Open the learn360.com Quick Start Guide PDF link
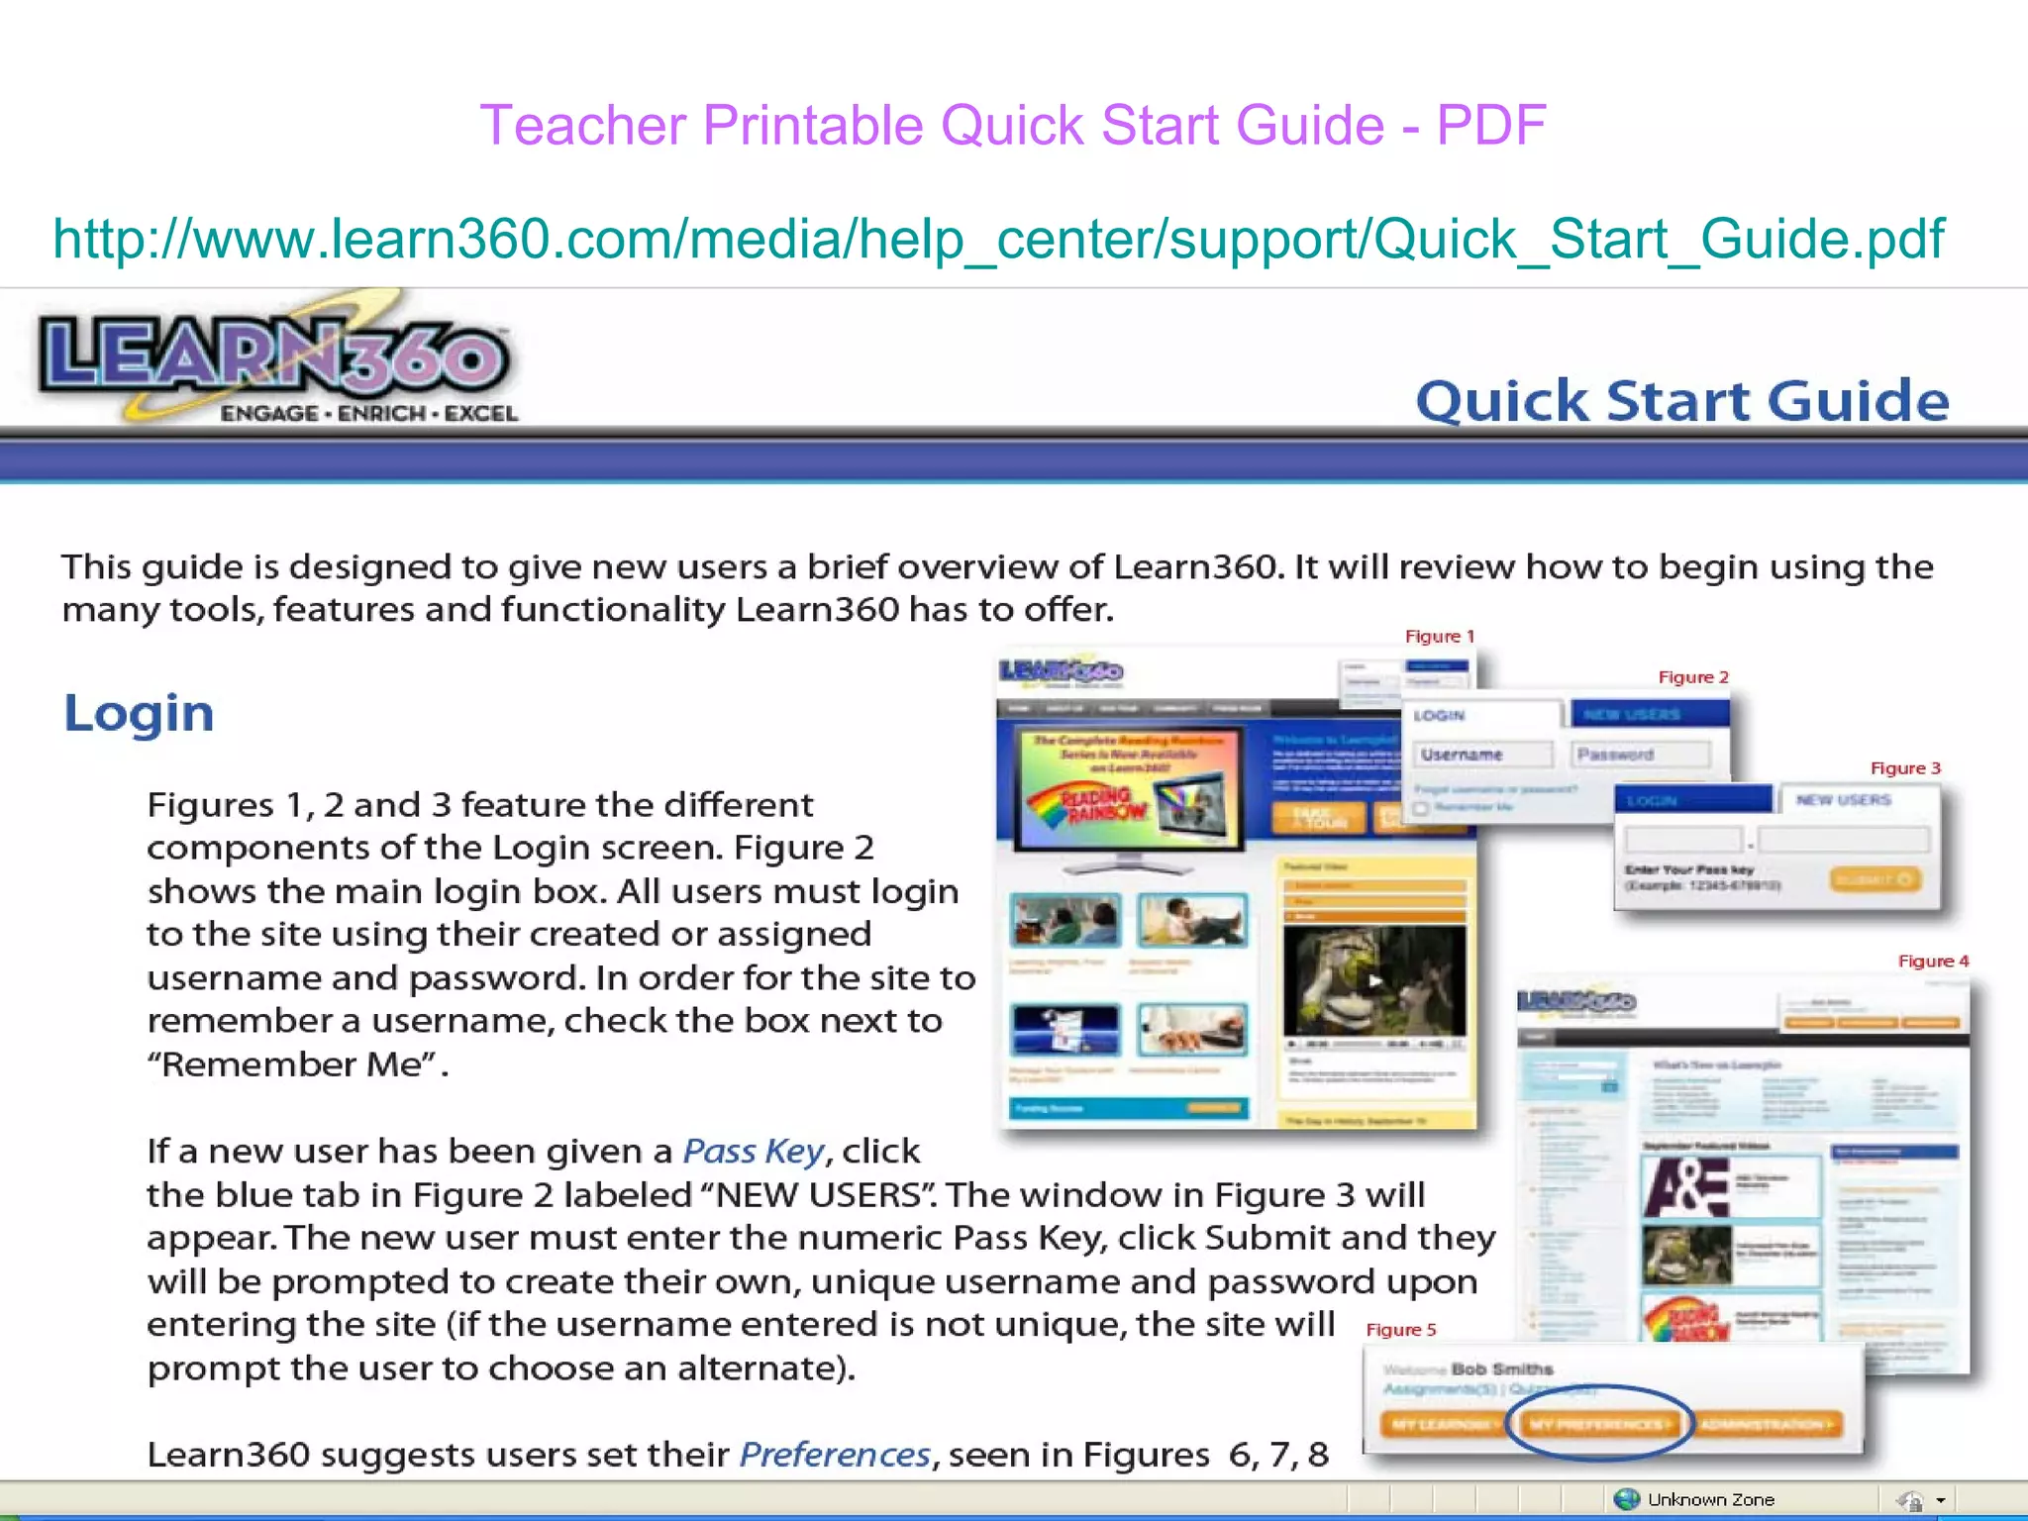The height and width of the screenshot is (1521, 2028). coord(998,240)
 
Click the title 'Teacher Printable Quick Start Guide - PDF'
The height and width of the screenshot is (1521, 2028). coord(1012,126)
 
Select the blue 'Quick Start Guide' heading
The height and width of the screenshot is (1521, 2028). coord(1681,401)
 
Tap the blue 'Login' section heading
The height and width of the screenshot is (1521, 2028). coord(139,713)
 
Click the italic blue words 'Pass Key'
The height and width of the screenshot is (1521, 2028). coord(753,1152)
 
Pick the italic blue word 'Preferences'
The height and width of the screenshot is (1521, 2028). coord(835,1455)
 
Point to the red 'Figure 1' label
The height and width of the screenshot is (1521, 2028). coord(1439,637)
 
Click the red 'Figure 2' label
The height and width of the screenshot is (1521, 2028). coord(1692,677)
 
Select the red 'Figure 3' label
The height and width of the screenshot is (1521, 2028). coord(1904,768)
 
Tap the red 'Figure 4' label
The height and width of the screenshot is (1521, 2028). coord(1932,962)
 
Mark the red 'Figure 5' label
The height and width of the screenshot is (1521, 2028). coord(1400,1330)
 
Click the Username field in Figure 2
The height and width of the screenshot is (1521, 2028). coord(1482,755)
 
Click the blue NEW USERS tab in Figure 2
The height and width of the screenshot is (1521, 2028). coord(1648,714)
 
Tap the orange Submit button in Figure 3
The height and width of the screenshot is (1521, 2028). coord(1875,879)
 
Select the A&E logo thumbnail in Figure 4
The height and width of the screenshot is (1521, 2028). coord(1686,1186)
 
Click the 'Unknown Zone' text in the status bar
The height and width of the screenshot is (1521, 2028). coord(1710,1500)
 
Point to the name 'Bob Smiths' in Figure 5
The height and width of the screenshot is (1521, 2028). coord(1501,1369)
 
